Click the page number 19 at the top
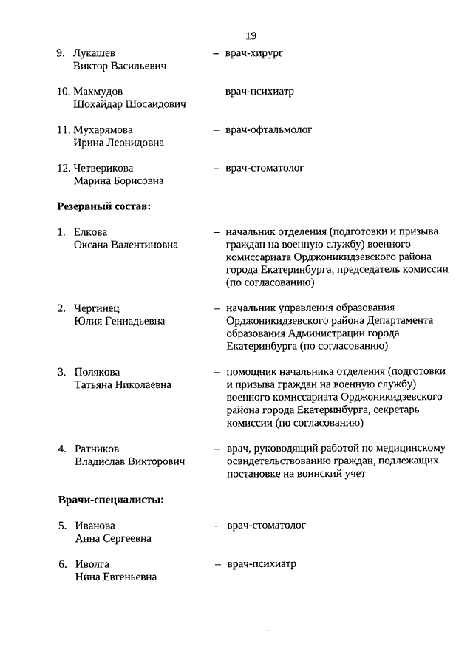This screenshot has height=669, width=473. pyautogui.click(x=251, y=35)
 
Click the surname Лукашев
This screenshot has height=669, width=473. pyautogui.click(x=95, y=53)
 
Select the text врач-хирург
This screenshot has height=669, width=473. pyautogui.click(x=254, y=53)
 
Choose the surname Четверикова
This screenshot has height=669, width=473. pyautogui.click(x=103, y=168)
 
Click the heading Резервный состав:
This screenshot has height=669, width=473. pyautogui.click(x=104, y=206)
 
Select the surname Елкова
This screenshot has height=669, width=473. pyautogui.click(x=91, y=231)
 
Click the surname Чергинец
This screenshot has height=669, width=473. pyautogui.click(x=97, y=308)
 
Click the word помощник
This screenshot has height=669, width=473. pyautogui.click(x=250, y=372)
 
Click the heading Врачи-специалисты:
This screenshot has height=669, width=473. pyautogui.click(x=111, y=500)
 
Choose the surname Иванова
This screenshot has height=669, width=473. pyautogui.click(x=95, y=526)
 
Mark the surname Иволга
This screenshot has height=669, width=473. pyautogui.click(x=92, y=564)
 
